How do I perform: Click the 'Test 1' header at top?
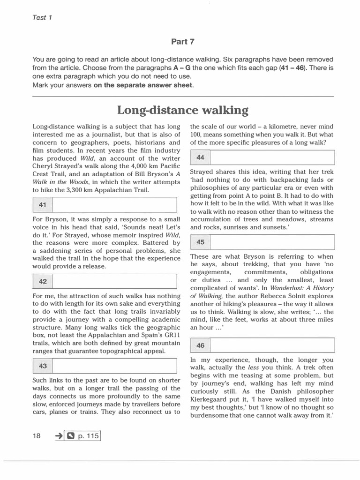pyautogui.click(x=42, y=18)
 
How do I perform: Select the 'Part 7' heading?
pyautogui.click(x=183, y=42)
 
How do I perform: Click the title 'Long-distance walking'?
pyautogui.click(x=182, y=110)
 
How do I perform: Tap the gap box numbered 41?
pyautogui.click(x=105, y=205)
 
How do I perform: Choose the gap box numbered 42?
pyautogui.click(x=105, y=282)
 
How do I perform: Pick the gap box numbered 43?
pyautogui.click(x=105, y=366)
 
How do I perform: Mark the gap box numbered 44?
pyautogui.click(x=262, y=157)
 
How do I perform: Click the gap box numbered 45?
pyautogui.click(x=262, y=242)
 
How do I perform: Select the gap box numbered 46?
pyautogui.click(x=262, y=345)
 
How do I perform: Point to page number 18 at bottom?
pyautogui.click(x=37, y=436)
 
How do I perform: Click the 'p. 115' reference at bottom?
pyautogui.click(x=88, y=436)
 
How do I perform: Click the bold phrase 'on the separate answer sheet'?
pyautogui.click(x=143, y=85)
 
